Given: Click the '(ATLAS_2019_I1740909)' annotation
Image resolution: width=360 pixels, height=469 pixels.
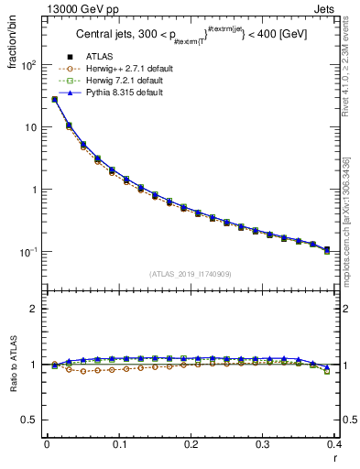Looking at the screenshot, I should (x=191, y=273).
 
